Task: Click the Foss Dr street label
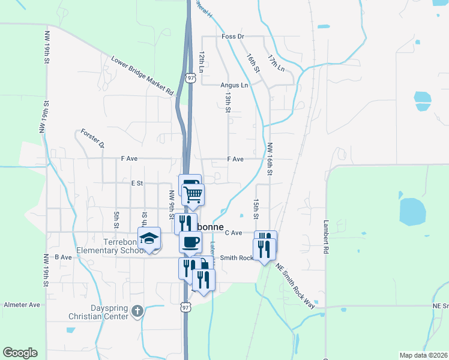(233, 37)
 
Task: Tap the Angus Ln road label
(234, 85)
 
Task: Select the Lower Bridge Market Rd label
(142, 76)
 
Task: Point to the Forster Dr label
(93, 138)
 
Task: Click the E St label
(136, 182)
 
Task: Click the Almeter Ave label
(22, 305)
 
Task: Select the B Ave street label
(63, 257)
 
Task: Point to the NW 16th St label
(270, 159)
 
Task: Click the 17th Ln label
(276, 62)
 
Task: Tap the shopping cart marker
(193, 194)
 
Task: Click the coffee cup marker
(190, 242)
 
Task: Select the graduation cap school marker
(149, 239)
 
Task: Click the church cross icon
(137, 310)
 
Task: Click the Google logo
(20, 353)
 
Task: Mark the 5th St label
(116, 219)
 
